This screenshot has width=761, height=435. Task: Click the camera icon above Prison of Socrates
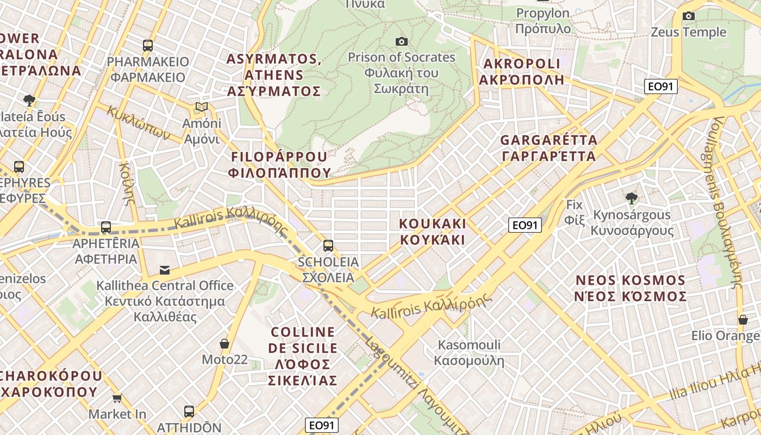pyautogui.click(x=402, y=41)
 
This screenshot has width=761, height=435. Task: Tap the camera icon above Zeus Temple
pyautogui.click(x=689, y=16)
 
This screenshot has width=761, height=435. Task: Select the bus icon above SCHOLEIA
pyautogui.click(x=328, y=246)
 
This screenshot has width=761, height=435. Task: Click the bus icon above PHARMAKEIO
pyautogui.click(x=148, y=46)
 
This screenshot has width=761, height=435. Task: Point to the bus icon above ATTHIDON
pyautogui.click(x=189, y=412)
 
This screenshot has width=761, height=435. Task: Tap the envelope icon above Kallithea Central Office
pyautogui.click(x=164, y=270)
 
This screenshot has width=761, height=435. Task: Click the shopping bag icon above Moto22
pyautogui.click(x=224, y=344)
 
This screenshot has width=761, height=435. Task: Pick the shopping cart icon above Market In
pyautogui.click(x=117, y=398)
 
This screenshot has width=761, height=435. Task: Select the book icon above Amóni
pyautogui.click(x=202, y=107)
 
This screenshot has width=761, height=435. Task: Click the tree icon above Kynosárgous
pyautogui.click(x=631, y=198)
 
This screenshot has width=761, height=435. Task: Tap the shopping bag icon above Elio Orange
pyautogui.click(x=743, y=320)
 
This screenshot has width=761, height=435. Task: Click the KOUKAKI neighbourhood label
pyautogui.click(x=433, y=231)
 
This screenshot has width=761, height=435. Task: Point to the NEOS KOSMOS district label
pyautogui.click(x=631, y=288)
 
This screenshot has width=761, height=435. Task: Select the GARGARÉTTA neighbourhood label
pyautogui.click(x=548, y=148)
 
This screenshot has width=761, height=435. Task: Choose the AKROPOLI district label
pyautogui.click(x=521, y=71)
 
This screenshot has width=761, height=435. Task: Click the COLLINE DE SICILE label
pyautogui.click(x=303, y=356)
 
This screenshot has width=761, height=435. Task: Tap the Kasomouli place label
pyautogui.click(x=469, y=352)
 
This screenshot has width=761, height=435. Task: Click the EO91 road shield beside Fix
pyautogui.click(x=525, y=225)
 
